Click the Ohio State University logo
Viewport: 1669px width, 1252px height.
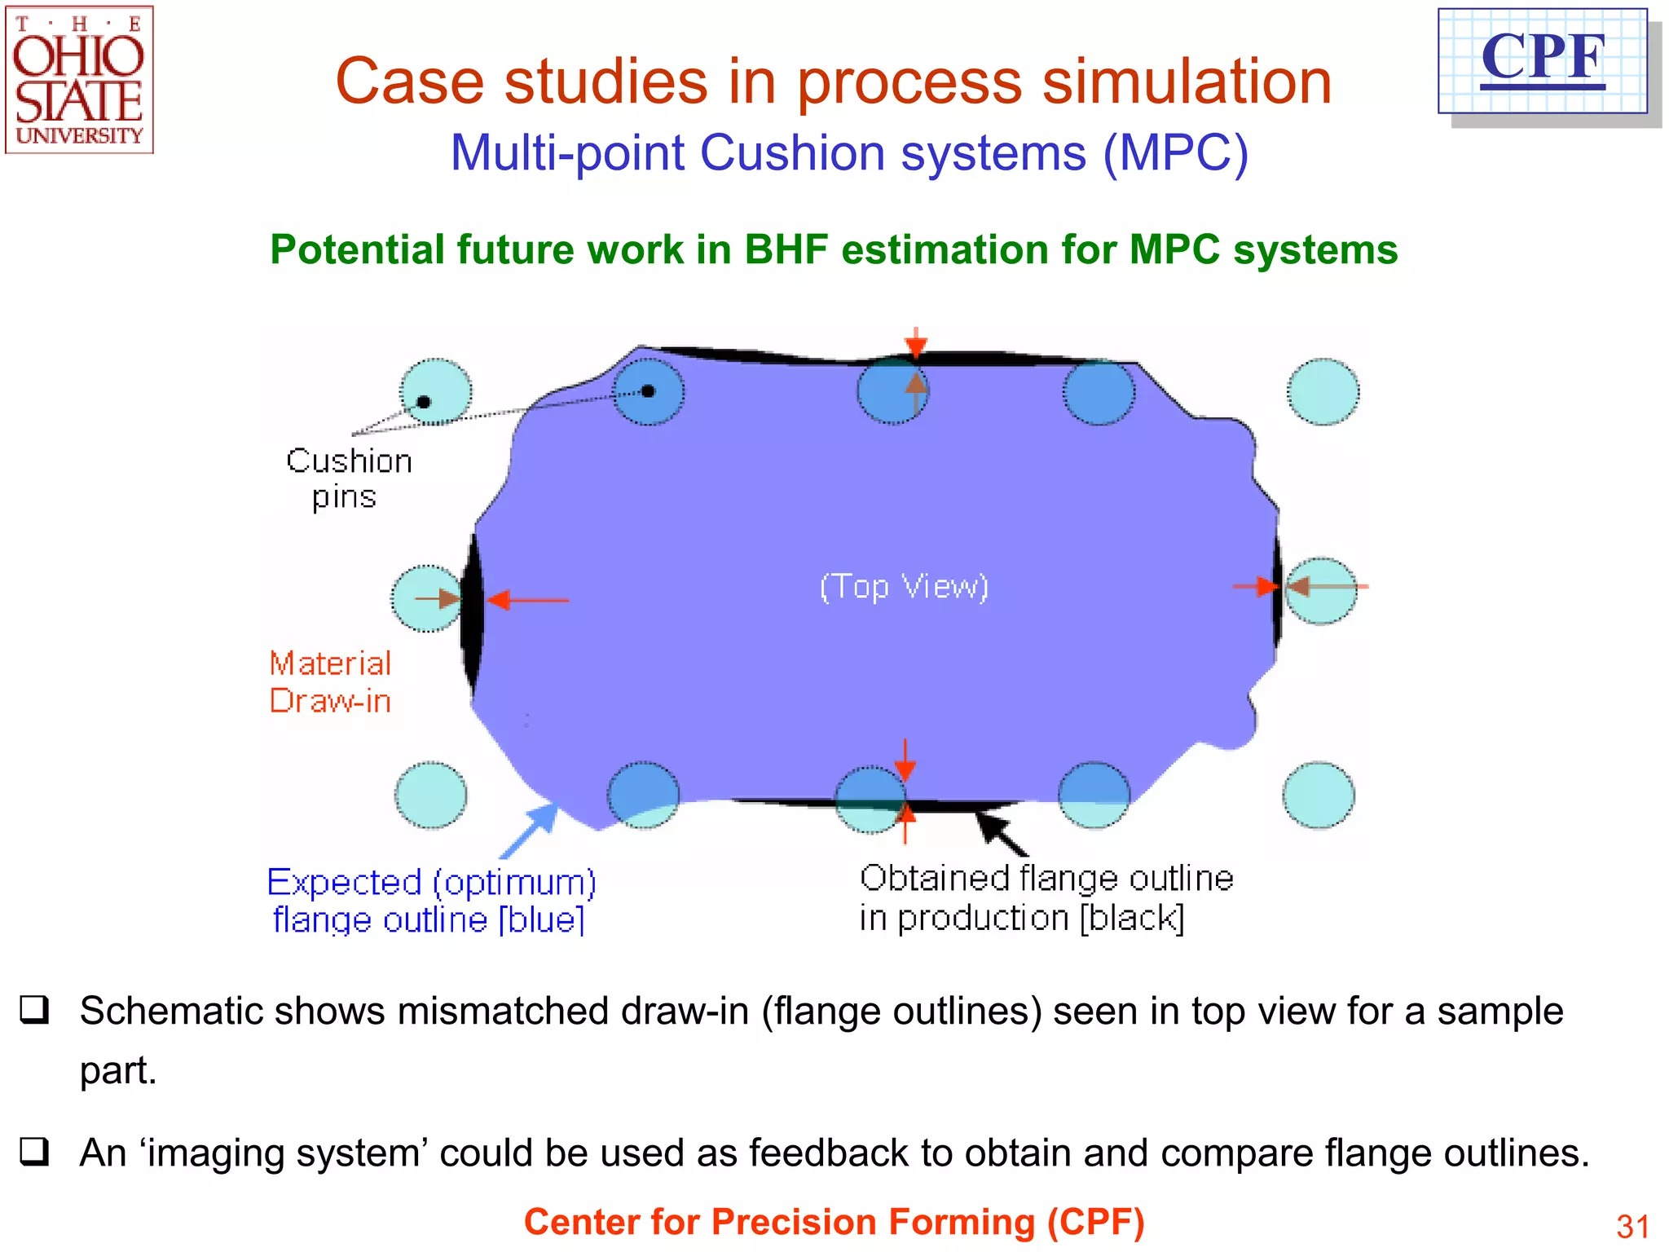[79, 80]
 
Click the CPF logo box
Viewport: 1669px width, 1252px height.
[1543, 61]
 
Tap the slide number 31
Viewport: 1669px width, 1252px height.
[1632, 1226]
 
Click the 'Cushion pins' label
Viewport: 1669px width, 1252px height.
[349, 478]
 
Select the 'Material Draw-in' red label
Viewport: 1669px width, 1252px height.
[330, 682]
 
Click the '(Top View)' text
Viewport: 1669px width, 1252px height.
[904, 586]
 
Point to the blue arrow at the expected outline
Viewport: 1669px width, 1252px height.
[530, 830]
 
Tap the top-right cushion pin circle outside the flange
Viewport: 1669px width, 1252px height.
[1323, 392]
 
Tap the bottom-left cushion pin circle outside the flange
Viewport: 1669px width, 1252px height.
[431, 795]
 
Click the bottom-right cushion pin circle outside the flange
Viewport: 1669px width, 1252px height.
[1319, 795]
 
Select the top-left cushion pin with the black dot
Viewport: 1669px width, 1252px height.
[435, 392]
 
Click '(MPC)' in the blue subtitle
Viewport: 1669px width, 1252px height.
[1175, 152]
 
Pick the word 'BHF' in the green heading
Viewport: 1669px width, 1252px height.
[786, 249]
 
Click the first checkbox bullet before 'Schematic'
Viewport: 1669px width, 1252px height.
[35, 1010]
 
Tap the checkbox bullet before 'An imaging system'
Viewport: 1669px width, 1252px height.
[35, 1152]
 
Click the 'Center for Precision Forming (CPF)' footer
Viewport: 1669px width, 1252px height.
[834, 1222]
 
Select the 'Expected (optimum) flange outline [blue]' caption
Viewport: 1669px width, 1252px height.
[431, 901]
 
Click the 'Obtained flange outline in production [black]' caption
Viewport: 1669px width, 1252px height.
[1046, 897]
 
